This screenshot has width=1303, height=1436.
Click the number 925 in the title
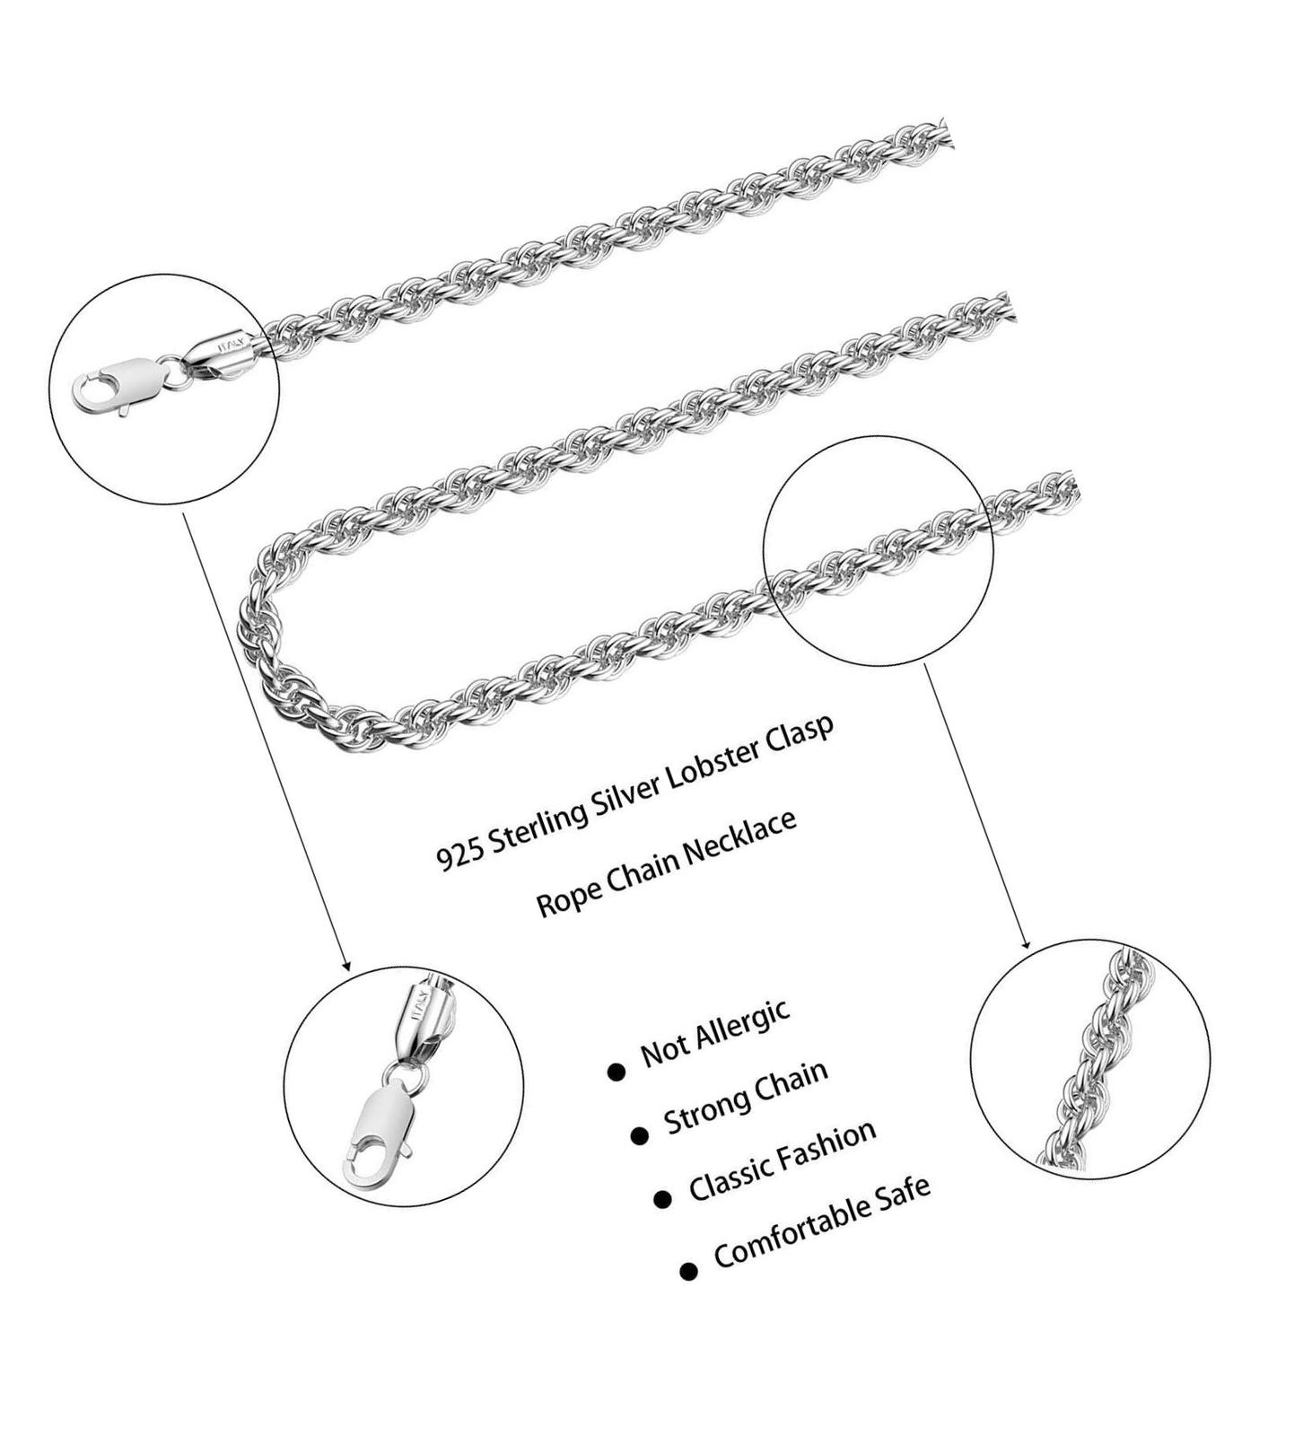pyautogui.click(x=457, y=855)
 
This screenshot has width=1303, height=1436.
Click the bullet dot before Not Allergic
pyautogui.click(x=616, y=1072)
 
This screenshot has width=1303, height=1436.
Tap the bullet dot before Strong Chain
pyautogui.click(x=639, y=1136)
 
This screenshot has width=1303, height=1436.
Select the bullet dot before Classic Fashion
pyautogui.click(x=663, y=1201)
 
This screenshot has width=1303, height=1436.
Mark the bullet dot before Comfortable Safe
pyautogui.click(x=688, y=1271)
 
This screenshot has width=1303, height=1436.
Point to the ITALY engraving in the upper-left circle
pyautogui.click(x=231, y=342)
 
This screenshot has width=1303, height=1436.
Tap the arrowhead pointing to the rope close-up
pyautogui.click(x=1026, y=941)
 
